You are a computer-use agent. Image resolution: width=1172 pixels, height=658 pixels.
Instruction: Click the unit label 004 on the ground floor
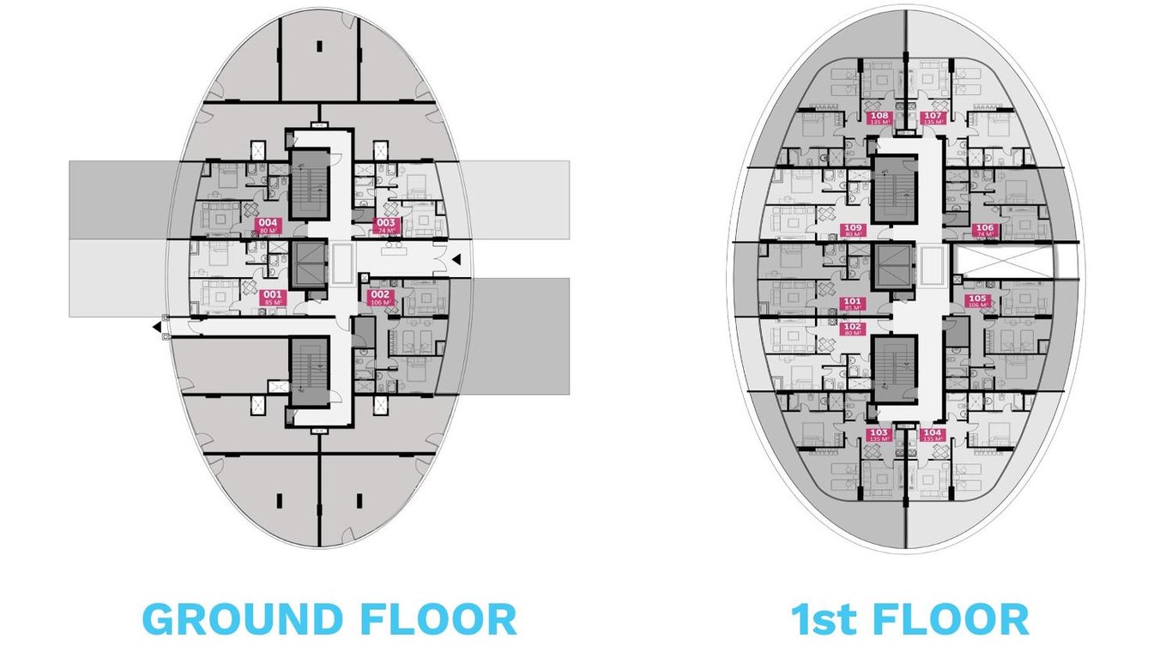269,226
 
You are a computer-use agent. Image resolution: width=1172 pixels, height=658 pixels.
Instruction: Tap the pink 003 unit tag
386,226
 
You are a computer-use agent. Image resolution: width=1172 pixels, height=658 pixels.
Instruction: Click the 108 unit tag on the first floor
879,118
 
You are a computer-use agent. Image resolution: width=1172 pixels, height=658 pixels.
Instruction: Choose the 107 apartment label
933,118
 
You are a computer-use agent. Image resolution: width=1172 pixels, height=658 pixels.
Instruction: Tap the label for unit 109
854,230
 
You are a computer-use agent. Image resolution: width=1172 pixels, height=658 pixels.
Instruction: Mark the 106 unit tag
984,230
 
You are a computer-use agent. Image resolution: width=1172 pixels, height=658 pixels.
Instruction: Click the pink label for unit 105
978,301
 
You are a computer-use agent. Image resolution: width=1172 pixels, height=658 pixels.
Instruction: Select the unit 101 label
853,302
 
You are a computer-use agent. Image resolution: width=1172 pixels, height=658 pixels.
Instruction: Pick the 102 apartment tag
853,329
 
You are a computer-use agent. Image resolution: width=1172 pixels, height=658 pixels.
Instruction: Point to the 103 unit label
879,435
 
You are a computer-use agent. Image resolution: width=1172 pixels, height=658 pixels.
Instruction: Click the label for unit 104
933,435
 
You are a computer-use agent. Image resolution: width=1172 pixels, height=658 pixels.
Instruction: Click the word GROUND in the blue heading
241,619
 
